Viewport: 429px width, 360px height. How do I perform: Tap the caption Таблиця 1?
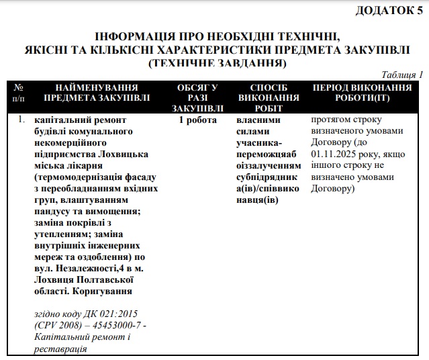click(x=401, y=75)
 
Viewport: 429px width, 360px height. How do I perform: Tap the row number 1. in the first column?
click(x=22, y=120)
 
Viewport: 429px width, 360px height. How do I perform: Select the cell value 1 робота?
click(x=197, y=120)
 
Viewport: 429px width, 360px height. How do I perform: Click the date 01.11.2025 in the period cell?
click(x=335, y=154)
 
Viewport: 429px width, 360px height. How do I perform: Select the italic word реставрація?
click(x=60, y=349)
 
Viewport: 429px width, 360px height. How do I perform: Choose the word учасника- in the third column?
click(x=259, y=143)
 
